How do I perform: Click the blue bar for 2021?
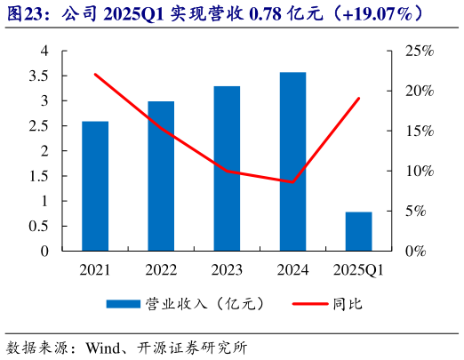click(x=95, y=186)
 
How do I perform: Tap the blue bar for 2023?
click(x=227, y=169)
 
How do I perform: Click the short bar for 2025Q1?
click(x=358, y=231)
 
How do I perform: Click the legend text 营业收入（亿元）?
click(x=205, y=304)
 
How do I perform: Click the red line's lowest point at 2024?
click(x=292, y=182)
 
